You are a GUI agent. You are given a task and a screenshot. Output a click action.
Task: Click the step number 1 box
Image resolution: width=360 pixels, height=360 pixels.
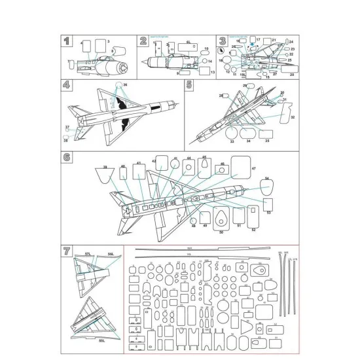click(x=65, y=41)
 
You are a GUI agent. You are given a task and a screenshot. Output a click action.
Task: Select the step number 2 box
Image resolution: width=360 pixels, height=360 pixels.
click(x=143, y=41)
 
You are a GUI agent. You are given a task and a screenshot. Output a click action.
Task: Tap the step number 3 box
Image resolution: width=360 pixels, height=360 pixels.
click(x=222, y=41)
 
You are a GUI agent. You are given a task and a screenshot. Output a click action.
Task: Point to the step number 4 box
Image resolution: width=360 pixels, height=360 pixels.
click(x=65, y=85)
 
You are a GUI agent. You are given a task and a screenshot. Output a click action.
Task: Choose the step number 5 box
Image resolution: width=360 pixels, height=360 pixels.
click(x=189, y=85)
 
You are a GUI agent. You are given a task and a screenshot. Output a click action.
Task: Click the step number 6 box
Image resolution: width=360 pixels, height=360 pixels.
click(x=66, y=158)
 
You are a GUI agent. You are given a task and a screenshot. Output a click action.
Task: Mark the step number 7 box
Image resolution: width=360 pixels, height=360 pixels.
click(x=65, y=251)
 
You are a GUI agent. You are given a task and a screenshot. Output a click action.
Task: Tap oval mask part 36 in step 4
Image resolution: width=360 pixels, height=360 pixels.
click(x=118, y=85)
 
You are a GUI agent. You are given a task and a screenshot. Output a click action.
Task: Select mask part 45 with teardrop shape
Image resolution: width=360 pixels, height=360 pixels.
click(x=204, y=166)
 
